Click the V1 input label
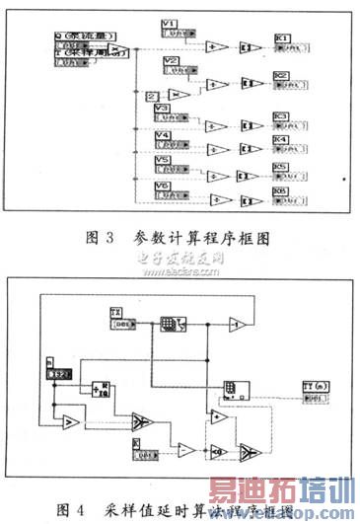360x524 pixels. tap(170, 22)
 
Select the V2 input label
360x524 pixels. tap(171, 61)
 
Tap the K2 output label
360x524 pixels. tap(280, 76)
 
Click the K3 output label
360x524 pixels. tap(280, 116)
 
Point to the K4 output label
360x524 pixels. tap(280, 141)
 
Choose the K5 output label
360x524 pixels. tap(280, 168)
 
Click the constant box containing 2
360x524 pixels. tap(150, 96)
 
